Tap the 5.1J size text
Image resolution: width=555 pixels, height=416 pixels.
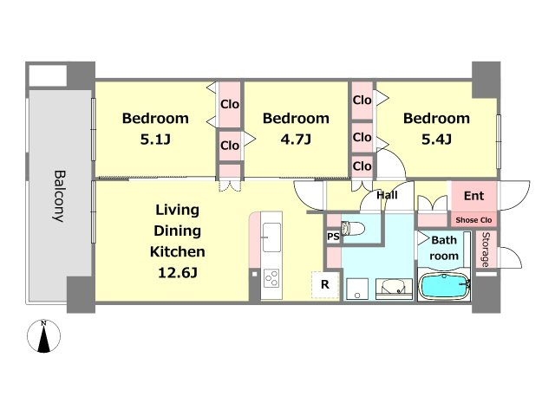155,140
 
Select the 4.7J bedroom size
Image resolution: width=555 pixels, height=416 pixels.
296,140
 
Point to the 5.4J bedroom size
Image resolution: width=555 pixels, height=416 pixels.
436,140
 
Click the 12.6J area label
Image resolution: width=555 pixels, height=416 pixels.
177,273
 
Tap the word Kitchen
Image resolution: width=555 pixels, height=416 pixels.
177,252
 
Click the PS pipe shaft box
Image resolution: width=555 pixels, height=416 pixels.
333,237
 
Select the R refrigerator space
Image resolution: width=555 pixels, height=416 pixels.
325,284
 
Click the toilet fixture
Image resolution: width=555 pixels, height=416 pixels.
353,228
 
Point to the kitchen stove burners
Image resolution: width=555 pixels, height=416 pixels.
271,278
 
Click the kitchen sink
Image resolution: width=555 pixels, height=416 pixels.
271,237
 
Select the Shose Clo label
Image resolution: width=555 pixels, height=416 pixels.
473,220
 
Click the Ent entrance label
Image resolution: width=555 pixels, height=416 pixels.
473,196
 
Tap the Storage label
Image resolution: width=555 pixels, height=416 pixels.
486,250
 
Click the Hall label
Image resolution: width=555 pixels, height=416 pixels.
387,195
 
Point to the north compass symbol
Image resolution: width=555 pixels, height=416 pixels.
44,336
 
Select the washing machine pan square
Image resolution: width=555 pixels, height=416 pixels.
357,289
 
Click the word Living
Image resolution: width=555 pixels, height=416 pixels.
177,210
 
